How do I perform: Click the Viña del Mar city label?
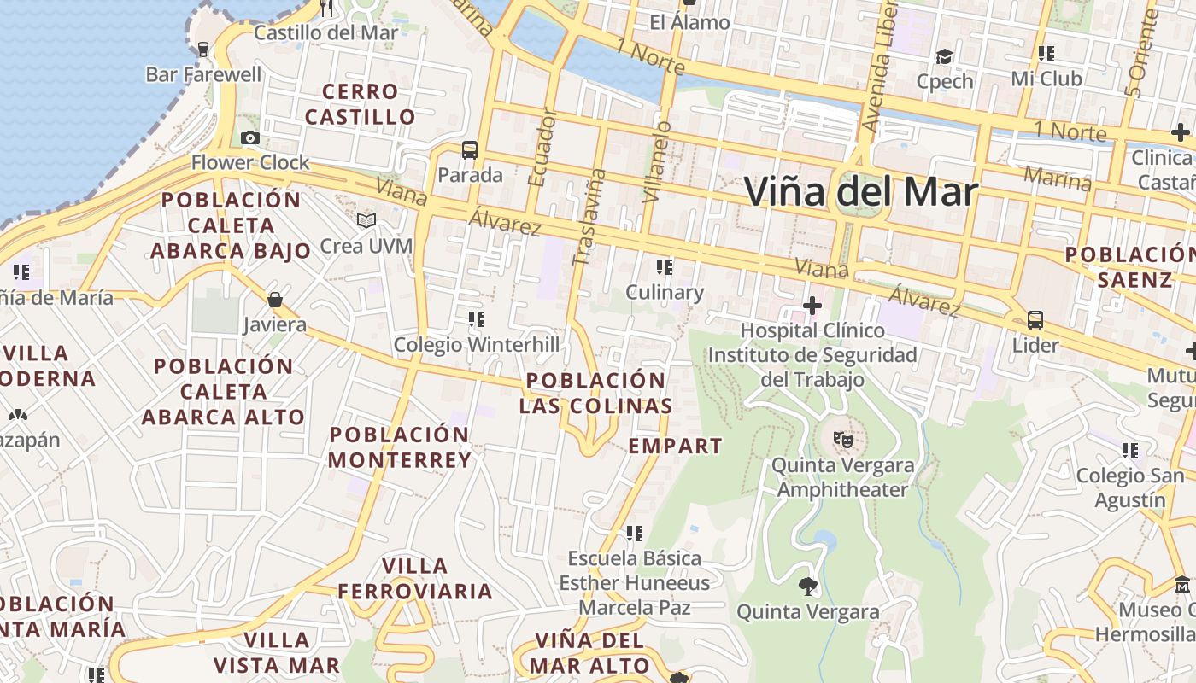click(860, 191)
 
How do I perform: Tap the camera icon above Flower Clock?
click(249, 137)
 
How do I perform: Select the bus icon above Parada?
click(469, 150)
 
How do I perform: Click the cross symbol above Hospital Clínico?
click(812, 305)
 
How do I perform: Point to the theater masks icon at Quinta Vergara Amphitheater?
click(842, 440)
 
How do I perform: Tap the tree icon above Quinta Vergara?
click(807, 587)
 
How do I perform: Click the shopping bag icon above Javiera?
click(275, 300)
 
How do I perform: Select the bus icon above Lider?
click(1035, 320)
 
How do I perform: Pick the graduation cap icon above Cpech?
click(944, 56)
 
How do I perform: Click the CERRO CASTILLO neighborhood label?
click(361, 104)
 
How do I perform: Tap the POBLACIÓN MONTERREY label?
click(400, 447)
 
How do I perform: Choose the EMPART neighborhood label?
click(676, 446)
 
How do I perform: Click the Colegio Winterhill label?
click(477, 345)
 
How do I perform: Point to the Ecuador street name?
click(542, 147)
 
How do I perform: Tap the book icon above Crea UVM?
click(366, 221)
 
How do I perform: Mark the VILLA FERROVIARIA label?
click(415, 578)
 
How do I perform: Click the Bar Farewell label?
click(204, 74)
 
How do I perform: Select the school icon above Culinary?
click(665, 267)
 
